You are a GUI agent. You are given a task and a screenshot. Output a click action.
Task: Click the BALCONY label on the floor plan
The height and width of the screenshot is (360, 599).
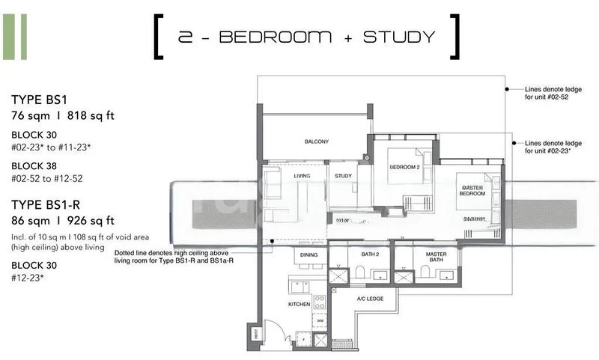point(317,141)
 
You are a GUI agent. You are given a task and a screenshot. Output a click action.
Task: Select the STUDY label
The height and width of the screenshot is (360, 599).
point(343,177)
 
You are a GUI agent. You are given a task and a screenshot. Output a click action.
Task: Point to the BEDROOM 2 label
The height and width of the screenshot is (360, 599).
point(404,168)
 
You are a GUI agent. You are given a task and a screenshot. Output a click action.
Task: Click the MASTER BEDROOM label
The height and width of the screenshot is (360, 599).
point(472,190)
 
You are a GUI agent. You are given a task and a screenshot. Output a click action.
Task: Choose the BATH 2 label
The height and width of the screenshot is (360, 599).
point(370,255)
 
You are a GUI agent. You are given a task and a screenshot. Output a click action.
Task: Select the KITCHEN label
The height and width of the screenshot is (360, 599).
point(299,305)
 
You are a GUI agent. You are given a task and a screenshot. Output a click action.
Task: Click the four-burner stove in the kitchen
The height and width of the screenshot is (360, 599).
point(320,303)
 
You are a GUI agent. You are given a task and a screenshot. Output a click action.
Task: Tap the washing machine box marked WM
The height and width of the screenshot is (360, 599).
point(320,321)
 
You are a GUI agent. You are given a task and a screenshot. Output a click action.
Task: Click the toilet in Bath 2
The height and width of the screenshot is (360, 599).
point(360,273)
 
